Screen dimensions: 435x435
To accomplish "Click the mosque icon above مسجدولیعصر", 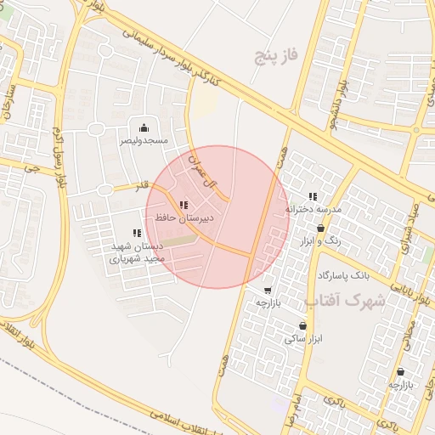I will pyautogui.click(x=144, y=127).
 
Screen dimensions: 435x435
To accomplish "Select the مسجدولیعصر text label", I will pyautogui.click(x=144, y=139).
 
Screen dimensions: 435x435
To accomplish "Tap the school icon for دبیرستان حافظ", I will pyautogui.click(x=184, y=205).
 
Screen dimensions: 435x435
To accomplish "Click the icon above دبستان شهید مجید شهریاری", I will pyautogui.click(x=137, y=233).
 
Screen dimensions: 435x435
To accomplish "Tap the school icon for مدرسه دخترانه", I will pyautogui.click(x=313, y=196).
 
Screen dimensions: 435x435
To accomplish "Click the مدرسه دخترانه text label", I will pyautogui.click(x=313, y=209).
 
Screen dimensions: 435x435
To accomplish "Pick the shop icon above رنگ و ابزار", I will pyautogui.click(x=320, y=228).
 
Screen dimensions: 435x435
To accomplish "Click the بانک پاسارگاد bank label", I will pyautogui.click(x=344, y=276).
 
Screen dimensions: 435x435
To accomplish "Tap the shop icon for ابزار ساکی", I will pyautogui.click(x=303, y=326).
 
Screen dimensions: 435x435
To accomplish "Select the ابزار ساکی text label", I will pyautogui.click(x=305, y=339).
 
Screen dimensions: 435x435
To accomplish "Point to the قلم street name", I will pyautogui.click(x=142, y=184).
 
